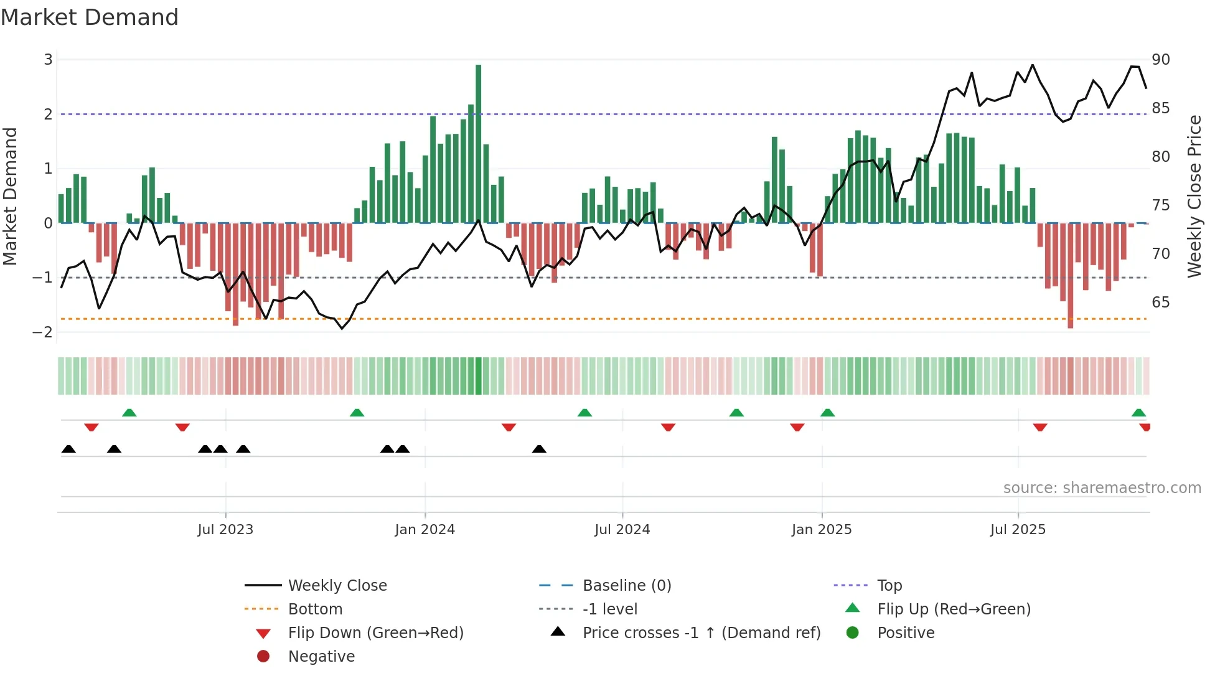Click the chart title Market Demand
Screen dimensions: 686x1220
tap(90, 17)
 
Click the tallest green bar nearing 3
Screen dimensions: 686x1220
tap(478, 143)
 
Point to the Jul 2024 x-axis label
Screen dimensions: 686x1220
tap(622, 530)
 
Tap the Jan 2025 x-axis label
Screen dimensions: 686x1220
tap(821, 530)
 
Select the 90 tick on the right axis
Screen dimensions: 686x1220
tap(1160, 60)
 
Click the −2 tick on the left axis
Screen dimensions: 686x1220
tap(43, 332)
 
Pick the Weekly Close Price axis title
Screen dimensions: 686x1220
tap(1194, 196)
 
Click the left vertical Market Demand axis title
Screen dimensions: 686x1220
tap(10, 196)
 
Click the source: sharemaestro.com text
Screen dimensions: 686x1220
tap(1102, 488)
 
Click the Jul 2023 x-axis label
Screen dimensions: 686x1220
tap(225, 530)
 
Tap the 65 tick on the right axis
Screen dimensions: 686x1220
tap(1160, 303)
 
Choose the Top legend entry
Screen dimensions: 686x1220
tap(889, 586)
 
